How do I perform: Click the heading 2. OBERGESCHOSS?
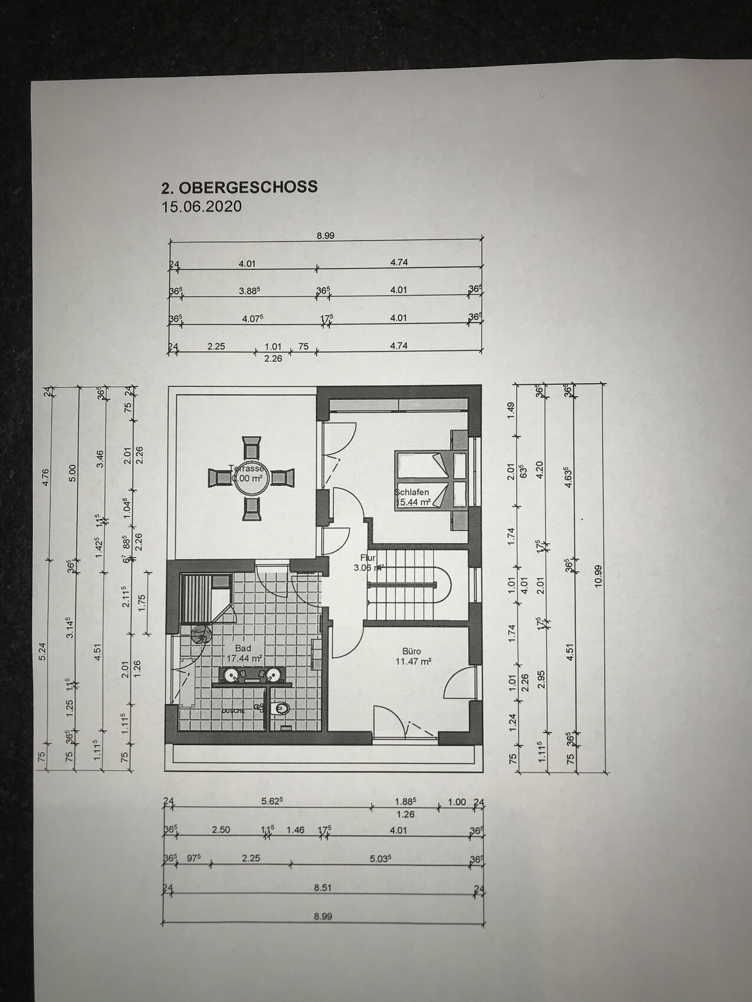click(x=239, y=187)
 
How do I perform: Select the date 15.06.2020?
click(x=201, y=207)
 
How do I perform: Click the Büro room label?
click(x=411, y=651)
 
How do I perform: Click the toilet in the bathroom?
click(x=281, y=708)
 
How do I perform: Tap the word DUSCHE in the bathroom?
click(x=233, y=712)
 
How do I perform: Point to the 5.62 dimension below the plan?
click(x=272, y=802)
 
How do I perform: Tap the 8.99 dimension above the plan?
click(x=325, y=235)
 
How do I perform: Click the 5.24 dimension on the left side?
click(x=42, y=655)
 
